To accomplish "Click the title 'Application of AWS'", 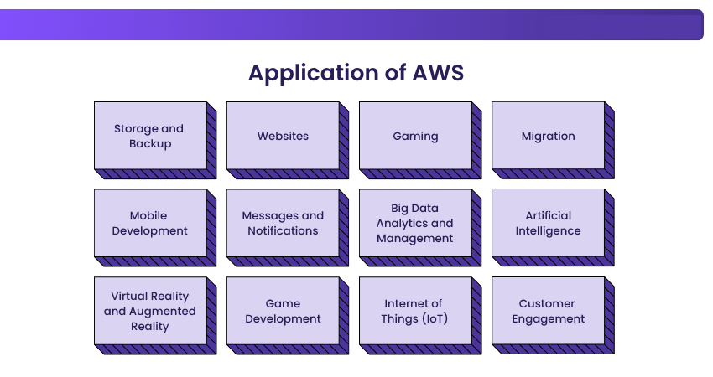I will [356, 73].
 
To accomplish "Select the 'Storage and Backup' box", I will [150, 136].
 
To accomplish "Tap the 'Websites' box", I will [283, 136].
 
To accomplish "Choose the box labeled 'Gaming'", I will [415, 136].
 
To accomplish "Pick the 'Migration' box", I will [548, 136].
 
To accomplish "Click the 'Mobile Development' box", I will [150, 223].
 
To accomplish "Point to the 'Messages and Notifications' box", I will [283, 223].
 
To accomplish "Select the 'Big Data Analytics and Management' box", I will [415, 223].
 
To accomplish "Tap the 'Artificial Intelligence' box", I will [548, 223].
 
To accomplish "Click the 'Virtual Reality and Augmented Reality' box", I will [150, 311].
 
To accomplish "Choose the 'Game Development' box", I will [283, 311].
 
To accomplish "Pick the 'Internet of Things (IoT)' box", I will [415, 311].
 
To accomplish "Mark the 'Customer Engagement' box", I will [548, 311].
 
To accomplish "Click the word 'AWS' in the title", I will [438, 73].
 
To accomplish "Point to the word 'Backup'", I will [150, 144].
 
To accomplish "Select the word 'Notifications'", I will [283, 231].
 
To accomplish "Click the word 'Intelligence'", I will [548, 231].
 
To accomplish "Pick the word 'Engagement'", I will [548, 318].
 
